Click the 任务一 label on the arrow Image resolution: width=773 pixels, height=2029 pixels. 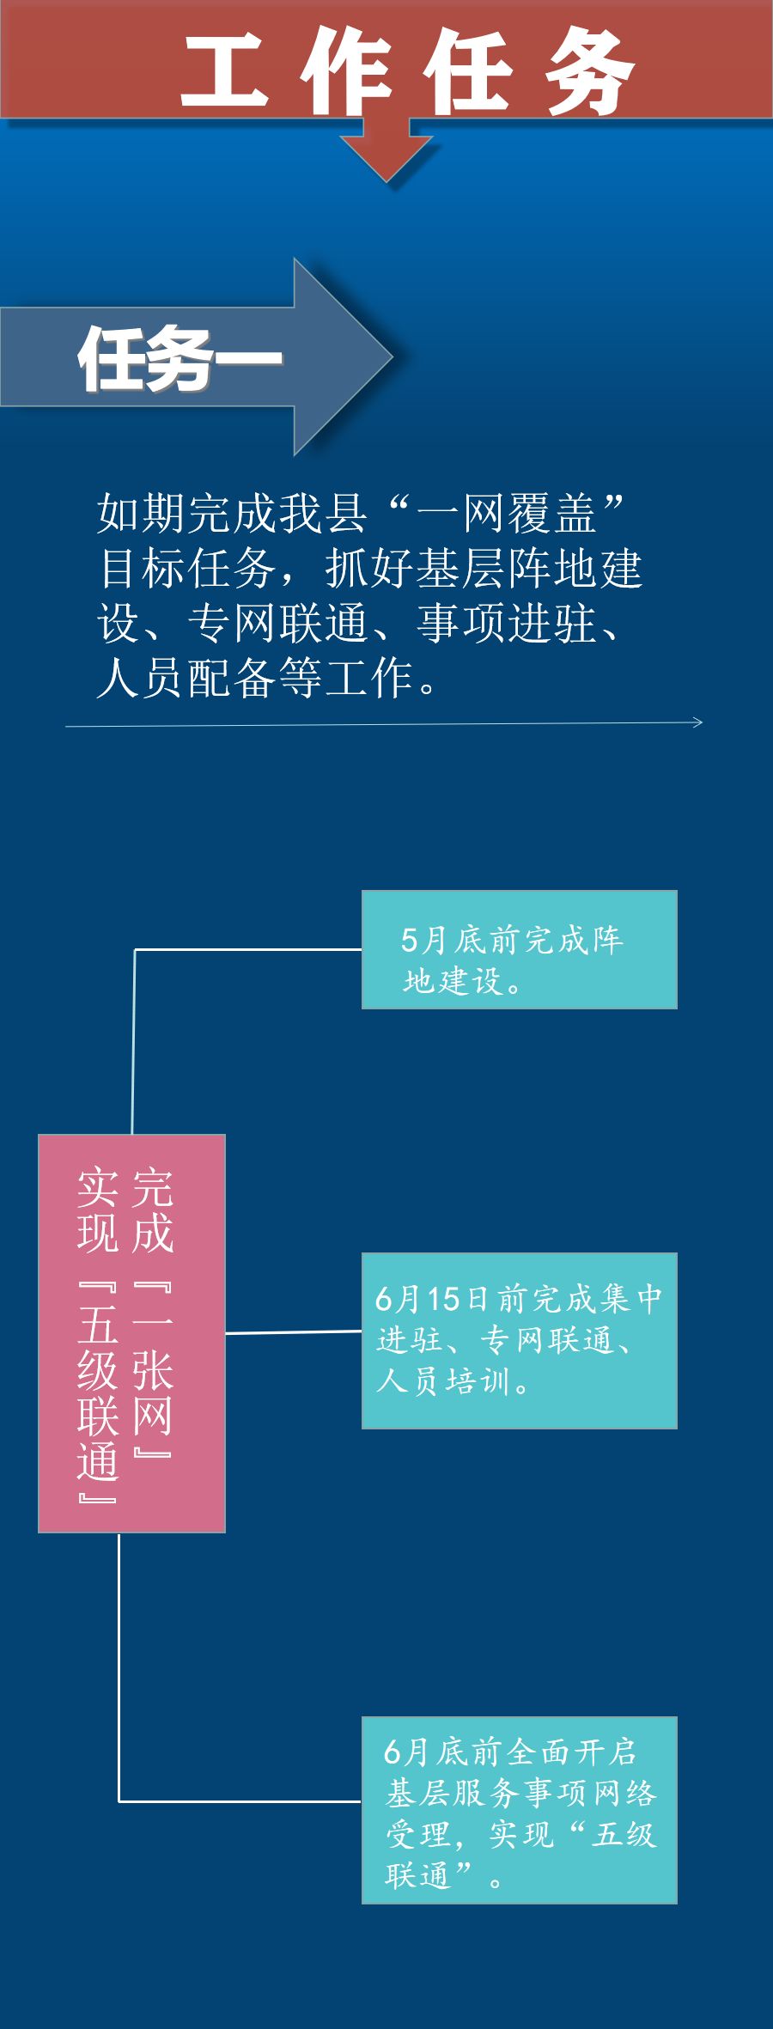click(180, 359)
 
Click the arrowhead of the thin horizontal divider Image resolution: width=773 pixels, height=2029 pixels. click(697, 722)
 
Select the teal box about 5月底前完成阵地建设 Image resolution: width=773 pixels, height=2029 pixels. click(519, 949)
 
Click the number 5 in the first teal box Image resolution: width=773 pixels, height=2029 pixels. click(410, 940)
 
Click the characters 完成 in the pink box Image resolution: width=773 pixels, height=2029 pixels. click(153, 1209)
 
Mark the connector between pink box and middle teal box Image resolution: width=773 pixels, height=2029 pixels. click(293, 1332)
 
